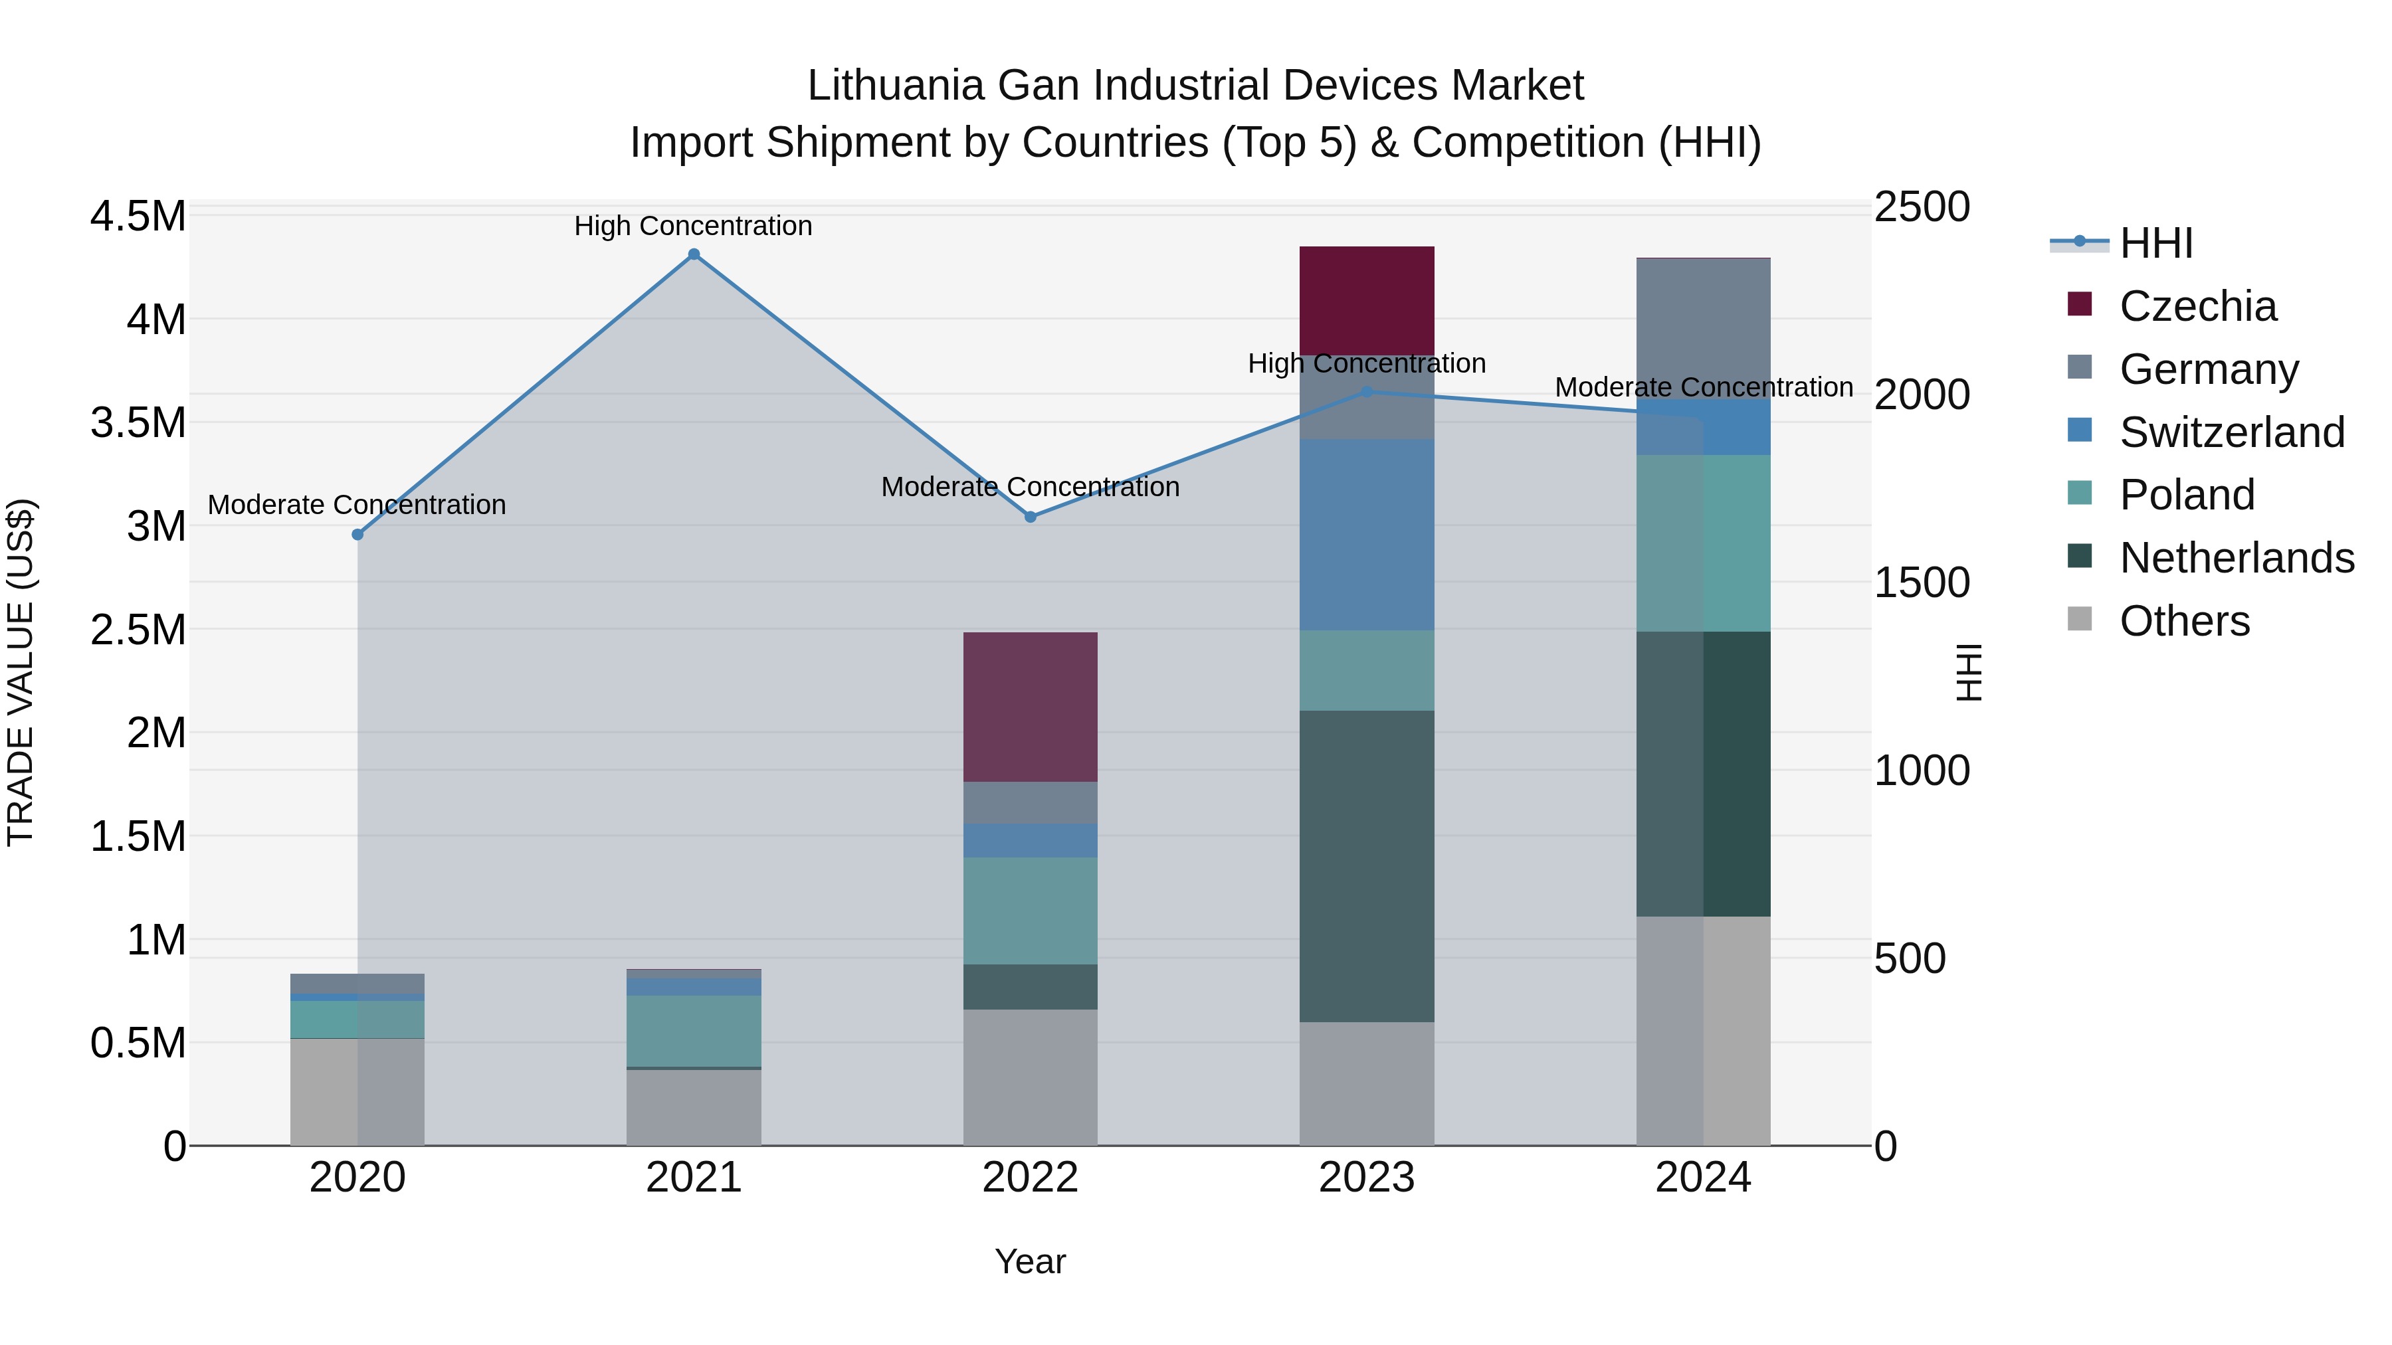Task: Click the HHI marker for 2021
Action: pos(694,254)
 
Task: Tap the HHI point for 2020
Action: pos(357,535)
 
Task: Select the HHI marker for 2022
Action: pos(1030,517)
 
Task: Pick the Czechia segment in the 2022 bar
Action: pos(1030,707)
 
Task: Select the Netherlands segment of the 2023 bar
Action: pos(1366,866)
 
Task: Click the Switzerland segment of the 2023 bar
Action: pos(1366,535)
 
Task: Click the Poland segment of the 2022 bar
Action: pos(1030,911)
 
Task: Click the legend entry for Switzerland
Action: pos(2231,432)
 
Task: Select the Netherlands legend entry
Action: pos(2236,558)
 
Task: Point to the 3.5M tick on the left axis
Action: pos(138,423)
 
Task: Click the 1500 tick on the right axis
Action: pos(1920,583)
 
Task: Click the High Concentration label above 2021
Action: pos(693,226)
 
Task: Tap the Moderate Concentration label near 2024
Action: pos(1703,387)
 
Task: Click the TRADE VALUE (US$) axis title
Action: pos(21,672)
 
